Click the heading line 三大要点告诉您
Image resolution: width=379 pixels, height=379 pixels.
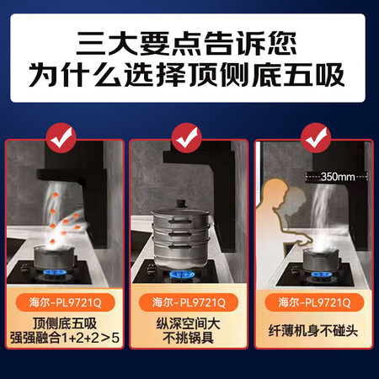coord(189,40)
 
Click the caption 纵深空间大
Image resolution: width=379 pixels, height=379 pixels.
coord(189,323)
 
